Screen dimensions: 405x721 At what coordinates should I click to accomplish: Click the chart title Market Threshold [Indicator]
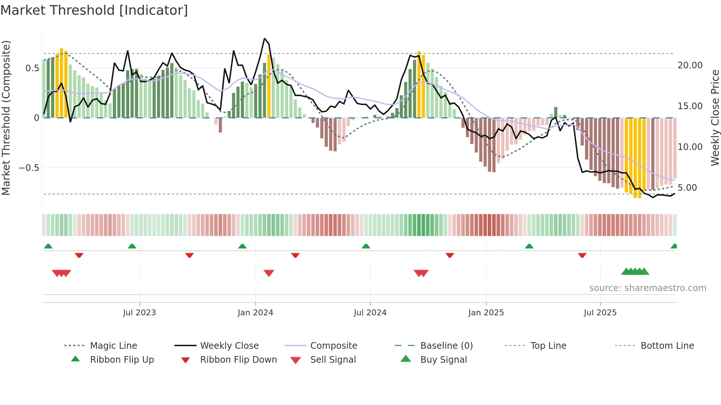(x=94, y=10)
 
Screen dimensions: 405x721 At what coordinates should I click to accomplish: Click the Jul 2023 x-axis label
(x=139, y=313)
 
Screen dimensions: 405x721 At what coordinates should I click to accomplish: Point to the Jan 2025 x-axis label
(x=486, y=313)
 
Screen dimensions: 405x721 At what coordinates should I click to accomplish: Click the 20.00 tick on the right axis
(x=690, y=65)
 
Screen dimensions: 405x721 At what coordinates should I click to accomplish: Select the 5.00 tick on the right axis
(x=687, y=188)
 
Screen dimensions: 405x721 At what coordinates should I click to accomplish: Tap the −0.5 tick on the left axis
(x=29, y=168)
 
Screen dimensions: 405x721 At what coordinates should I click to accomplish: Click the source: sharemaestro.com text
(x=647, y=288)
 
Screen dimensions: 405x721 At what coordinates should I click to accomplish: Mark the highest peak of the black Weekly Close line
(x=264, y=39)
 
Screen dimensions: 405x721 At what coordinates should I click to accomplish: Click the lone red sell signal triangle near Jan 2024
(x=269, y=273)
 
